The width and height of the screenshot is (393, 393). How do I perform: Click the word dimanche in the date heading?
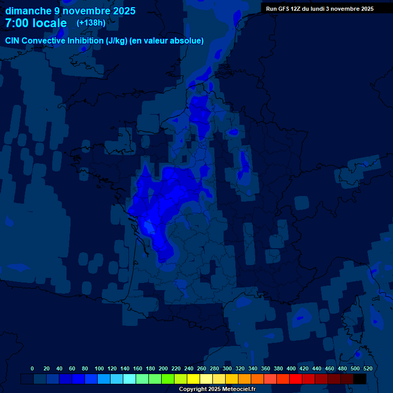click(28, 11)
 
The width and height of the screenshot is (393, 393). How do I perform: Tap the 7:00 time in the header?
click(17, 23)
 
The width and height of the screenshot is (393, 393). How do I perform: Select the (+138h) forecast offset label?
click(91, 23)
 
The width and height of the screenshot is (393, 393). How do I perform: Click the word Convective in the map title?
click(43, 41)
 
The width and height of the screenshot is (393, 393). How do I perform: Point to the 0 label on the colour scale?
click(32, 368)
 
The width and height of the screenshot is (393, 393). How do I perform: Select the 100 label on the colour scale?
click(99, 368)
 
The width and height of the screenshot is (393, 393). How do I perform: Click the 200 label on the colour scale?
click(163, 368)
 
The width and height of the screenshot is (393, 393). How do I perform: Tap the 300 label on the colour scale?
click(227, 368)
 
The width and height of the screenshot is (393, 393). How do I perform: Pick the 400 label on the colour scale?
click(291, 368)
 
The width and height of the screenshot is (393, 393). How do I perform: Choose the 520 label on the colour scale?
click(368, 368)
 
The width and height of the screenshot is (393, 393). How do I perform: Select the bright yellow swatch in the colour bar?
click(193, 379)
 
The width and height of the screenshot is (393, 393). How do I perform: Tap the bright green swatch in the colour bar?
click(168, 379)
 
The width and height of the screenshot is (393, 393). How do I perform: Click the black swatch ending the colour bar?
click(360, 379)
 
